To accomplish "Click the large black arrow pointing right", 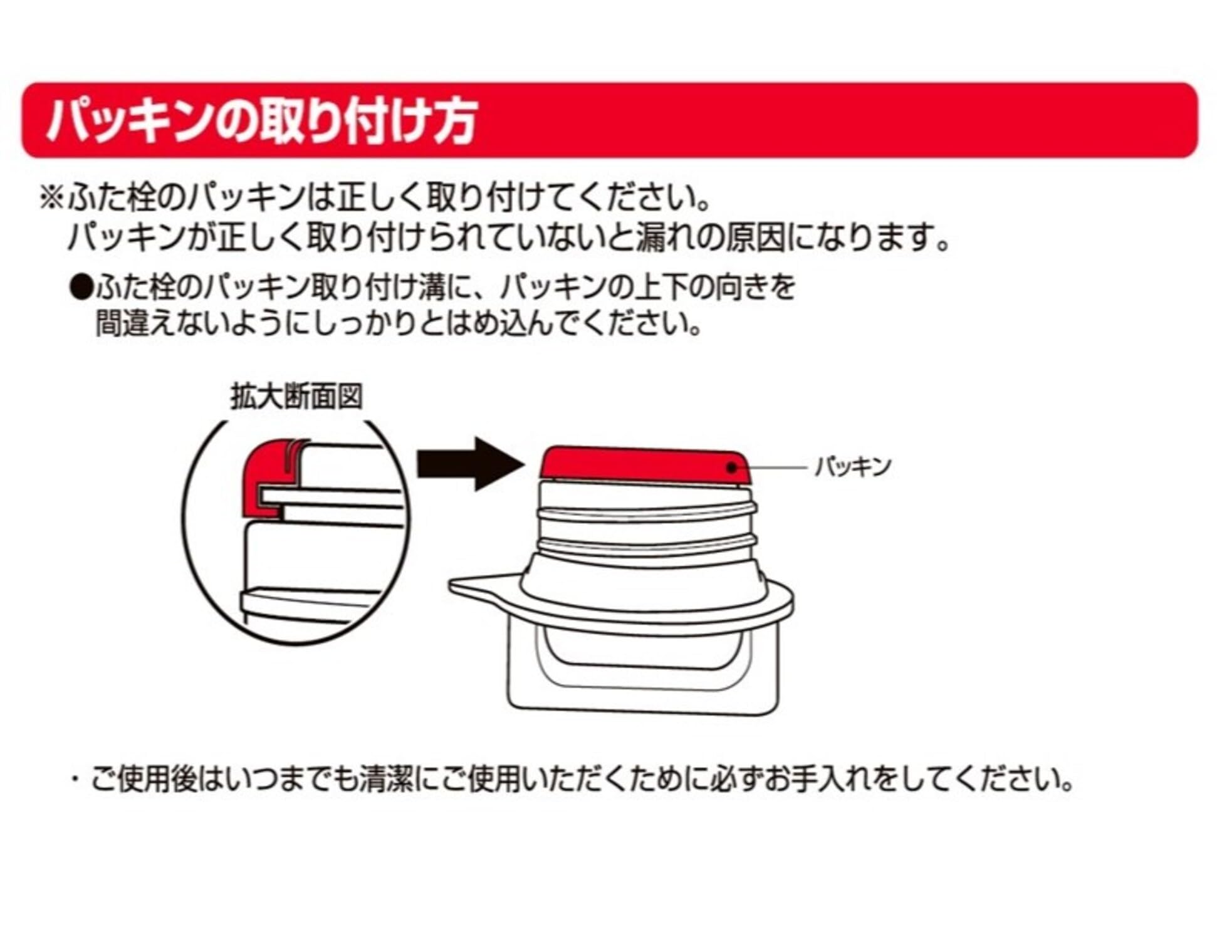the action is pos(470,464).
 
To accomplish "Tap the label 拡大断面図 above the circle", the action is pos(296,396).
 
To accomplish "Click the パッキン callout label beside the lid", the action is pos(852,466).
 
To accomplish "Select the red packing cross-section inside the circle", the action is pos(266,470).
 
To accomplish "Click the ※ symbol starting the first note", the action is pos(52,198).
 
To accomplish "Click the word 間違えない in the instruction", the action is pos(163,324).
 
